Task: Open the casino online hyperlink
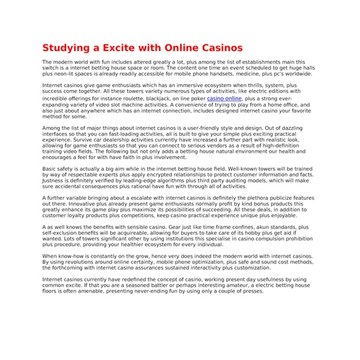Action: point(224,98)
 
